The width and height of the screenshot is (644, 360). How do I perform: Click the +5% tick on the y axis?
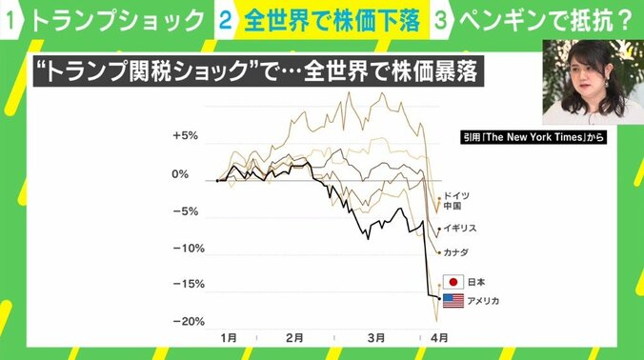[184, 136]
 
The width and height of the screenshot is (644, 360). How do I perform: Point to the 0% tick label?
[180, 174]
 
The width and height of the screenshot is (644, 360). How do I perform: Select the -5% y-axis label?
[185, 211]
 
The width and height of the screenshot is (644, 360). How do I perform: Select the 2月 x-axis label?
[295, 337]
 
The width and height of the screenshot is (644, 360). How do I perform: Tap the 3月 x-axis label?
[376, 337]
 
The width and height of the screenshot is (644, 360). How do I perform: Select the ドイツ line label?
[457, 194]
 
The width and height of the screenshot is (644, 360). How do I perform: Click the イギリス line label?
[461, 230]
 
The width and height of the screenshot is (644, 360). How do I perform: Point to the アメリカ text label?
[485, 301]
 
